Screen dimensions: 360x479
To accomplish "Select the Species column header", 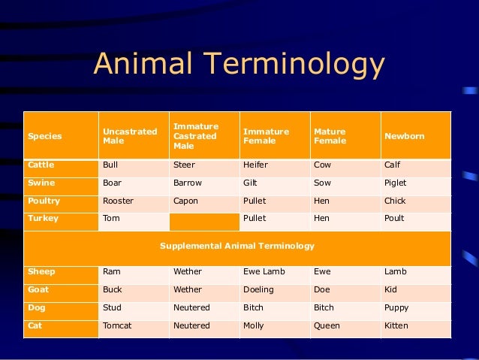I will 45,137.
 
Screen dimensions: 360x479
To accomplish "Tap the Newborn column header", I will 405,137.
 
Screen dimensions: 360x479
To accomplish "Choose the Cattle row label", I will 42,165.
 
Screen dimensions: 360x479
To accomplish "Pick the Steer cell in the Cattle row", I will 183,165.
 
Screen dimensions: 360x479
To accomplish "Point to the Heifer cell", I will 256,165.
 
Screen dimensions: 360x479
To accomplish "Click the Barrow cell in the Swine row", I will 188,183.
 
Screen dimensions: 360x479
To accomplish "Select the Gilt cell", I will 252,183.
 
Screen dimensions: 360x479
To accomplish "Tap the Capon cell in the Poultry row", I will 185,201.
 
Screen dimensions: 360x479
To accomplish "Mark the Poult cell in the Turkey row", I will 394,219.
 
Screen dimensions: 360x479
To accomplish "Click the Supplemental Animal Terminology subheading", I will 237,246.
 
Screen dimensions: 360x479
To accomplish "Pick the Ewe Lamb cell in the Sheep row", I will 264,271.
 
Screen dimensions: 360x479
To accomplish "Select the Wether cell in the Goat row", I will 188,289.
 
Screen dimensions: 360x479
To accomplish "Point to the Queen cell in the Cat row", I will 327,325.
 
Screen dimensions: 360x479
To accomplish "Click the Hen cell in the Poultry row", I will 321,201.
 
